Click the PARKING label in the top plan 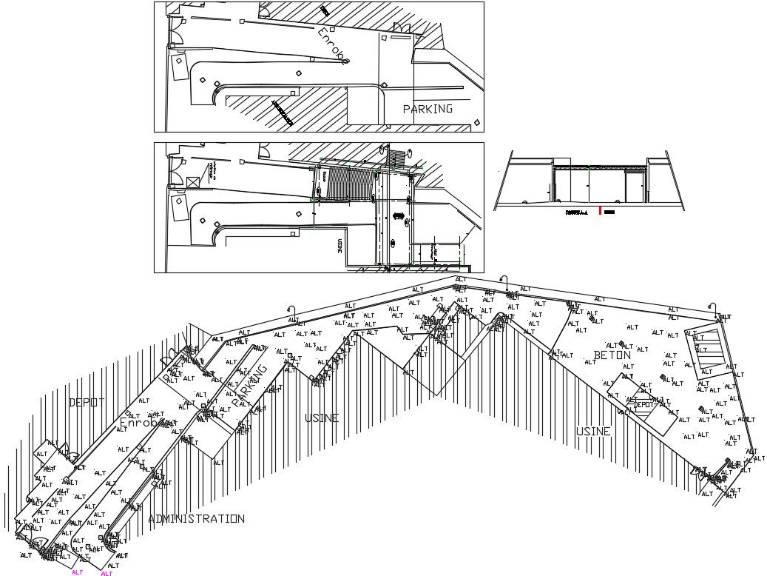tap(428, 109)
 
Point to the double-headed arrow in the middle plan tap(399, 216)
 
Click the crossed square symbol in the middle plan tap(192, 181)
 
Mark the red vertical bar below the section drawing tap(600, 211)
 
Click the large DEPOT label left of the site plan tap(87, 402)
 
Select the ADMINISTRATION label tap(196, 519)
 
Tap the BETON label tap(612, 355)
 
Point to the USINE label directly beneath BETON tap(593, 431)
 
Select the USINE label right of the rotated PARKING tap(322, 418)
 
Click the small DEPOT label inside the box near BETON tap(645, 405)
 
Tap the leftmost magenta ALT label tap(77, 572)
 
